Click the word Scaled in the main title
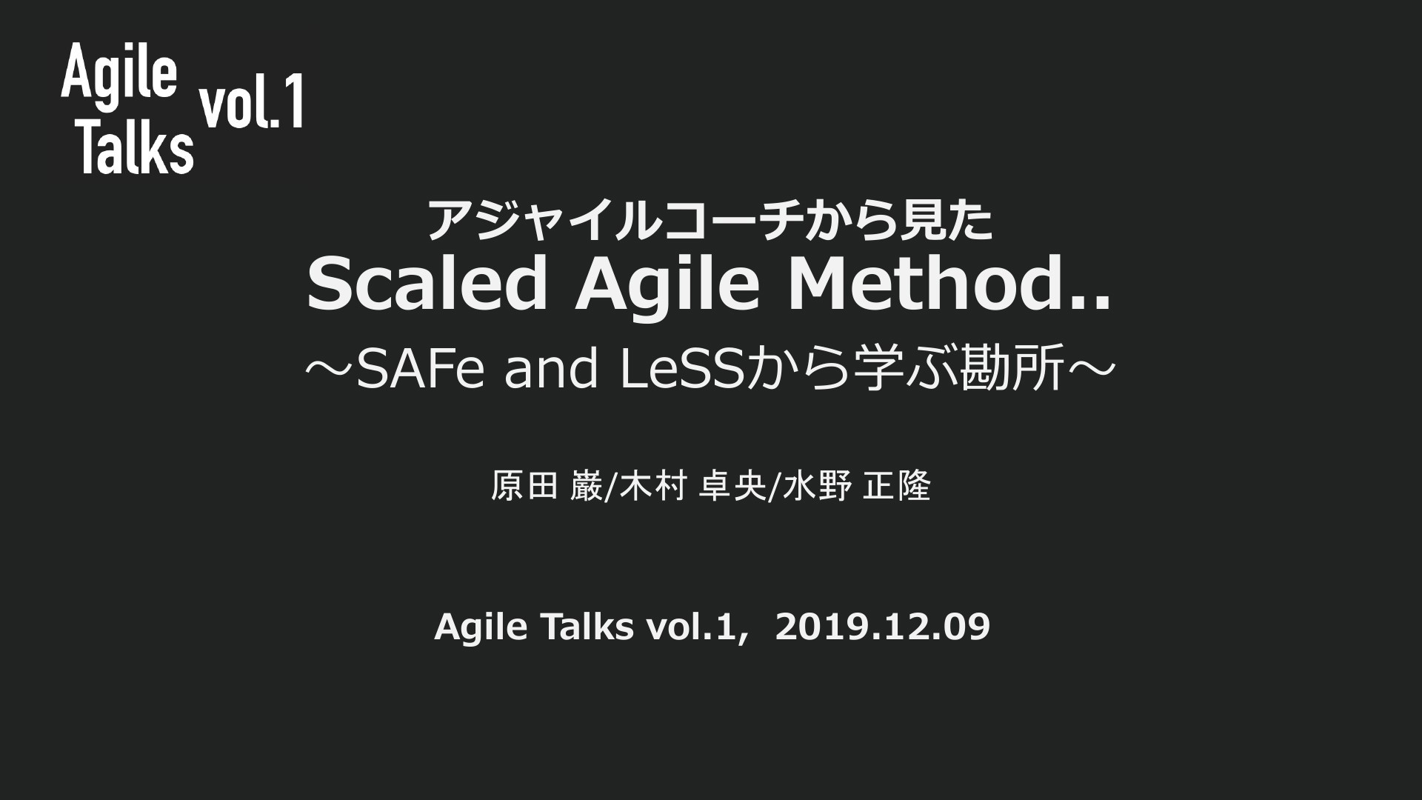pos(427,284)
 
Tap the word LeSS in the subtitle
pos(681,368)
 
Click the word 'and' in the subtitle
pos(551,368)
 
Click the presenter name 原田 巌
pos(547,487)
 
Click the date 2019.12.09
pos(883,627)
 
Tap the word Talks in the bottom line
pos(587,627)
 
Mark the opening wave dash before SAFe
pos(330,369)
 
